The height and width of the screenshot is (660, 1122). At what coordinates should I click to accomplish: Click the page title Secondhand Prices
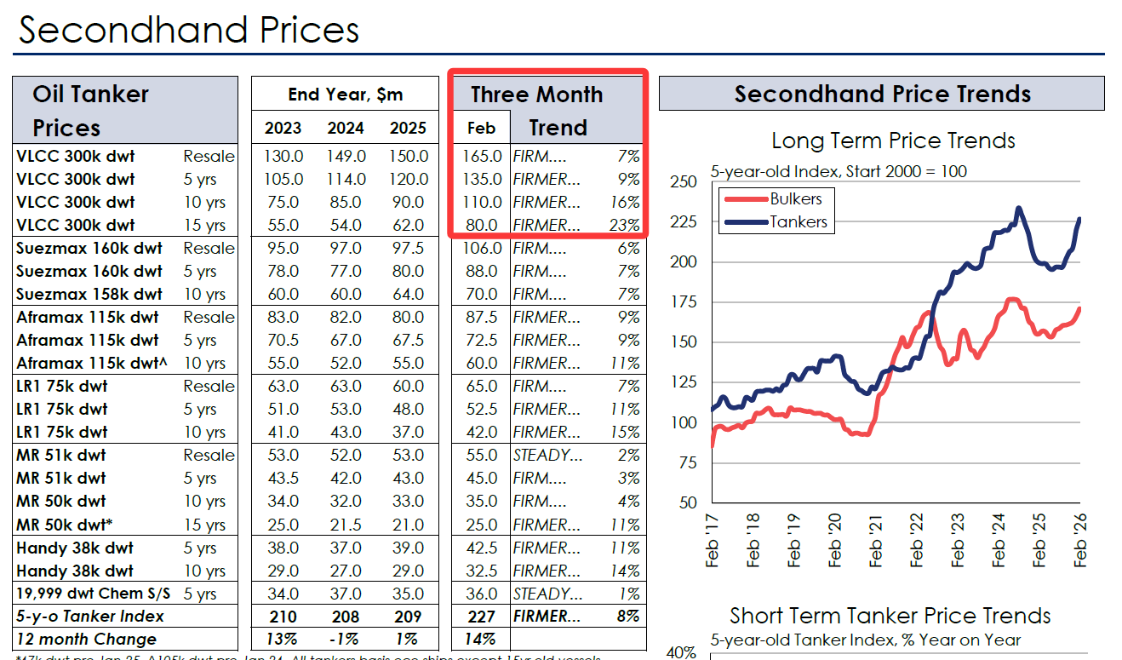[x=189, y=31]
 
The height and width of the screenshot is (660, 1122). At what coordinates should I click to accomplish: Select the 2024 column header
[x=346, y=128]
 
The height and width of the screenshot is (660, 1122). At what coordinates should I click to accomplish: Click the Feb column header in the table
[x=481, y=128]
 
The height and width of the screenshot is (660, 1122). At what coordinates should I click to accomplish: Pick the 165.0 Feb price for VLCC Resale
[x=483, y=157]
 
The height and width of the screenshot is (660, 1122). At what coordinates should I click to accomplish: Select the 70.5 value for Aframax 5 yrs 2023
[x=283, y=341]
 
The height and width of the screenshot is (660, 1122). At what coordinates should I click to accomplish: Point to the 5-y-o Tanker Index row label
[x=90, y=617]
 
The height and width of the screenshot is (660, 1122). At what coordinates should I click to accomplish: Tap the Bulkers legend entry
[x=795, y=199]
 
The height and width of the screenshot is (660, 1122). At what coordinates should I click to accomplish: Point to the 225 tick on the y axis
[x=684, y=221]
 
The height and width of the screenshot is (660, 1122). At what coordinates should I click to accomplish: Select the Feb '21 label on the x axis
[x=875, y=540]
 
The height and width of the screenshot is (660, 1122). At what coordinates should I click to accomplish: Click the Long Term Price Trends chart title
[x=893, y=141]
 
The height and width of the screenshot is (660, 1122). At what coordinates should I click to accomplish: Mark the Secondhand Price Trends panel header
[x=882, y=94]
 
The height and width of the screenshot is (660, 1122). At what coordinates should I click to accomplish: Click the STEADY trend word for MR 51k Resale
[x=547, y=456]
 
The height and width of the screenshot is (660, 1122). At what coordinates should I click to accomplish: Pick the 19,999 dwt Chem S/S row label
[x=93, y=594]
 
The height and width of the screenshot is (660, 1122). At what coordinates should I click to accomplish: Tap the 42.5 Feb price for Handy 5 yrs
[x=483, y=548]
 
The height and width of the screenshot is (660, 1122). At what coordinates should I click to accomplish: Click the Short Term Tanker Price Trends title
[x=890, y=616]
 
